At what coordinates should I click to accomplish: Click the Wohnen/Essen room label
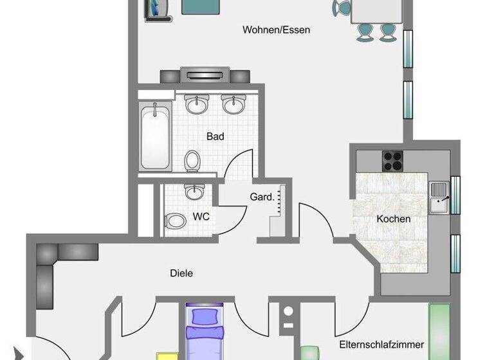pyautogui.click(x=268, y=30)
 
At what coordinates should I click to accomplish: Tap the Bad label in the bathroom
pyautogui.click(x=215, y=136)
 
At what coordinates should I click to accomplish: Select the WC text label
pyautogui.click(x=201, y=217)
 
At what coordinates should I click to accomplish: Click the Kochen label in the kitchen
pyautogui.click(x=394, y=219)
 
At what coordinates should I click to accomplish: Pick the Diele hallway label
pyautogui.click(x=181, y=273)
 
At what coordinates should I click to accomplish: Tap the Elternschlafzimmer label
pyautogui.click(x=374, y=334)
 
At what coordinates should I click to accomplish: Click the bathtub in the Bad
pyautogui.click(x=155, y=136)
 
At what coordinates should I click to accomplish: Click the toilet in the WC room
pyautogui.click(x=175, y=221)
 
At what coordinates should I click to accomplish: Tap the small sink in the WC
pyautogui.click(x=192, y=192)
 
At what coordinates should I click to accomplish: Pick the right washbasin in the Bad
pyautogui.click(x=232, y=104)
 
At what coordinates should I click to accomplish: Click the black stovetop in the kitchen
pyautogui.click(x=392, y=158)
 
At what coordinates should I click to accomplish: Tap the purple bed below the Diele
pyautogui.click(x=205, y=332)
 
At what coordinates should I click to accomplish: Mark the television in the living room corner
pyautogui.click(x=157, y=9)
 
